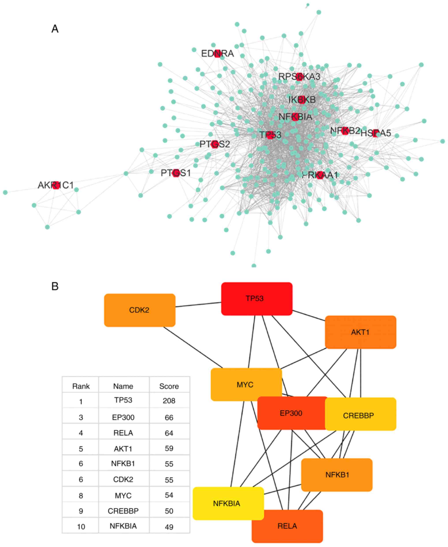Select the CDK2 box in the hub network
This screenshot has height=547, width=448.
click(x=140, y=310)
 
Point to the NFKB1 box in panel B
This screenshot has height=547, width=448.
click(x=337, y=475)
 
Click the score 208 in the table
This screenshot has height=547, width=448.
click(x=169, y=401)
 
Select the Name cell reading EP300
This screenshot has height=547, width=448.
click(x=123, y=417)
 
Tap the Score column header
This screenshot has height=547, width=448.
click(x=169, y=386)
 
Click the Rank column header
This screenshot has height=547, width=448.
click(x=81, y=386)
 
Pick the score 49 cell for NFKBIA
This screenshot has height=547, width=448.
click(x=169, y=527)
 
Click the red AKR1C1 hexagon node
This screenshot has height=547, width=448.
click(x=56, y=185)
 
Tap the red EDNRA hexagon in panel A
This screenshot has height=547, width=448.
click(x=218, y=53)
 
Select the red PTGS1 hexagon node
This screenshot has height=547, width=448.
click(x=176, y=173)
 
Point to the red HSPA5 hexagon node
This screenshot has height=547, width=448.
click(x=375, y=133)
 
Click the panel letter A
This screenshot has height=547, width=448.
click(x=55, y=29)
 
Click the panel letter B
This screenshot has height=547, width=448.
click(x=55, y=286)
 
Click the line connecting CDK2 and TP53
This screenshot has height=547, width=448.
click(x=198, y=304)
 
